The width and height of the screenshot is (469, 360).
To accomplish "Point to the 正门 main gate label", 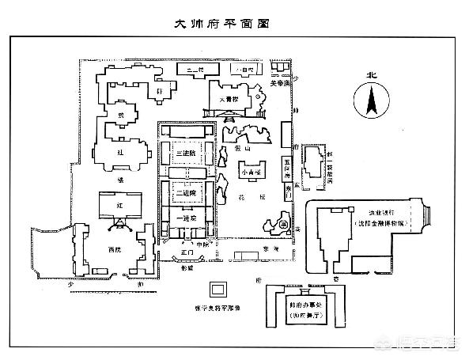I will tap(187, 252).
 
